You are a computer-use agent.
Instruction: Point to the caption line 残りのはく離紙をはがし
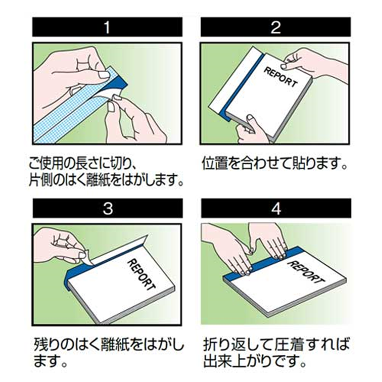pos(108,343)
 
